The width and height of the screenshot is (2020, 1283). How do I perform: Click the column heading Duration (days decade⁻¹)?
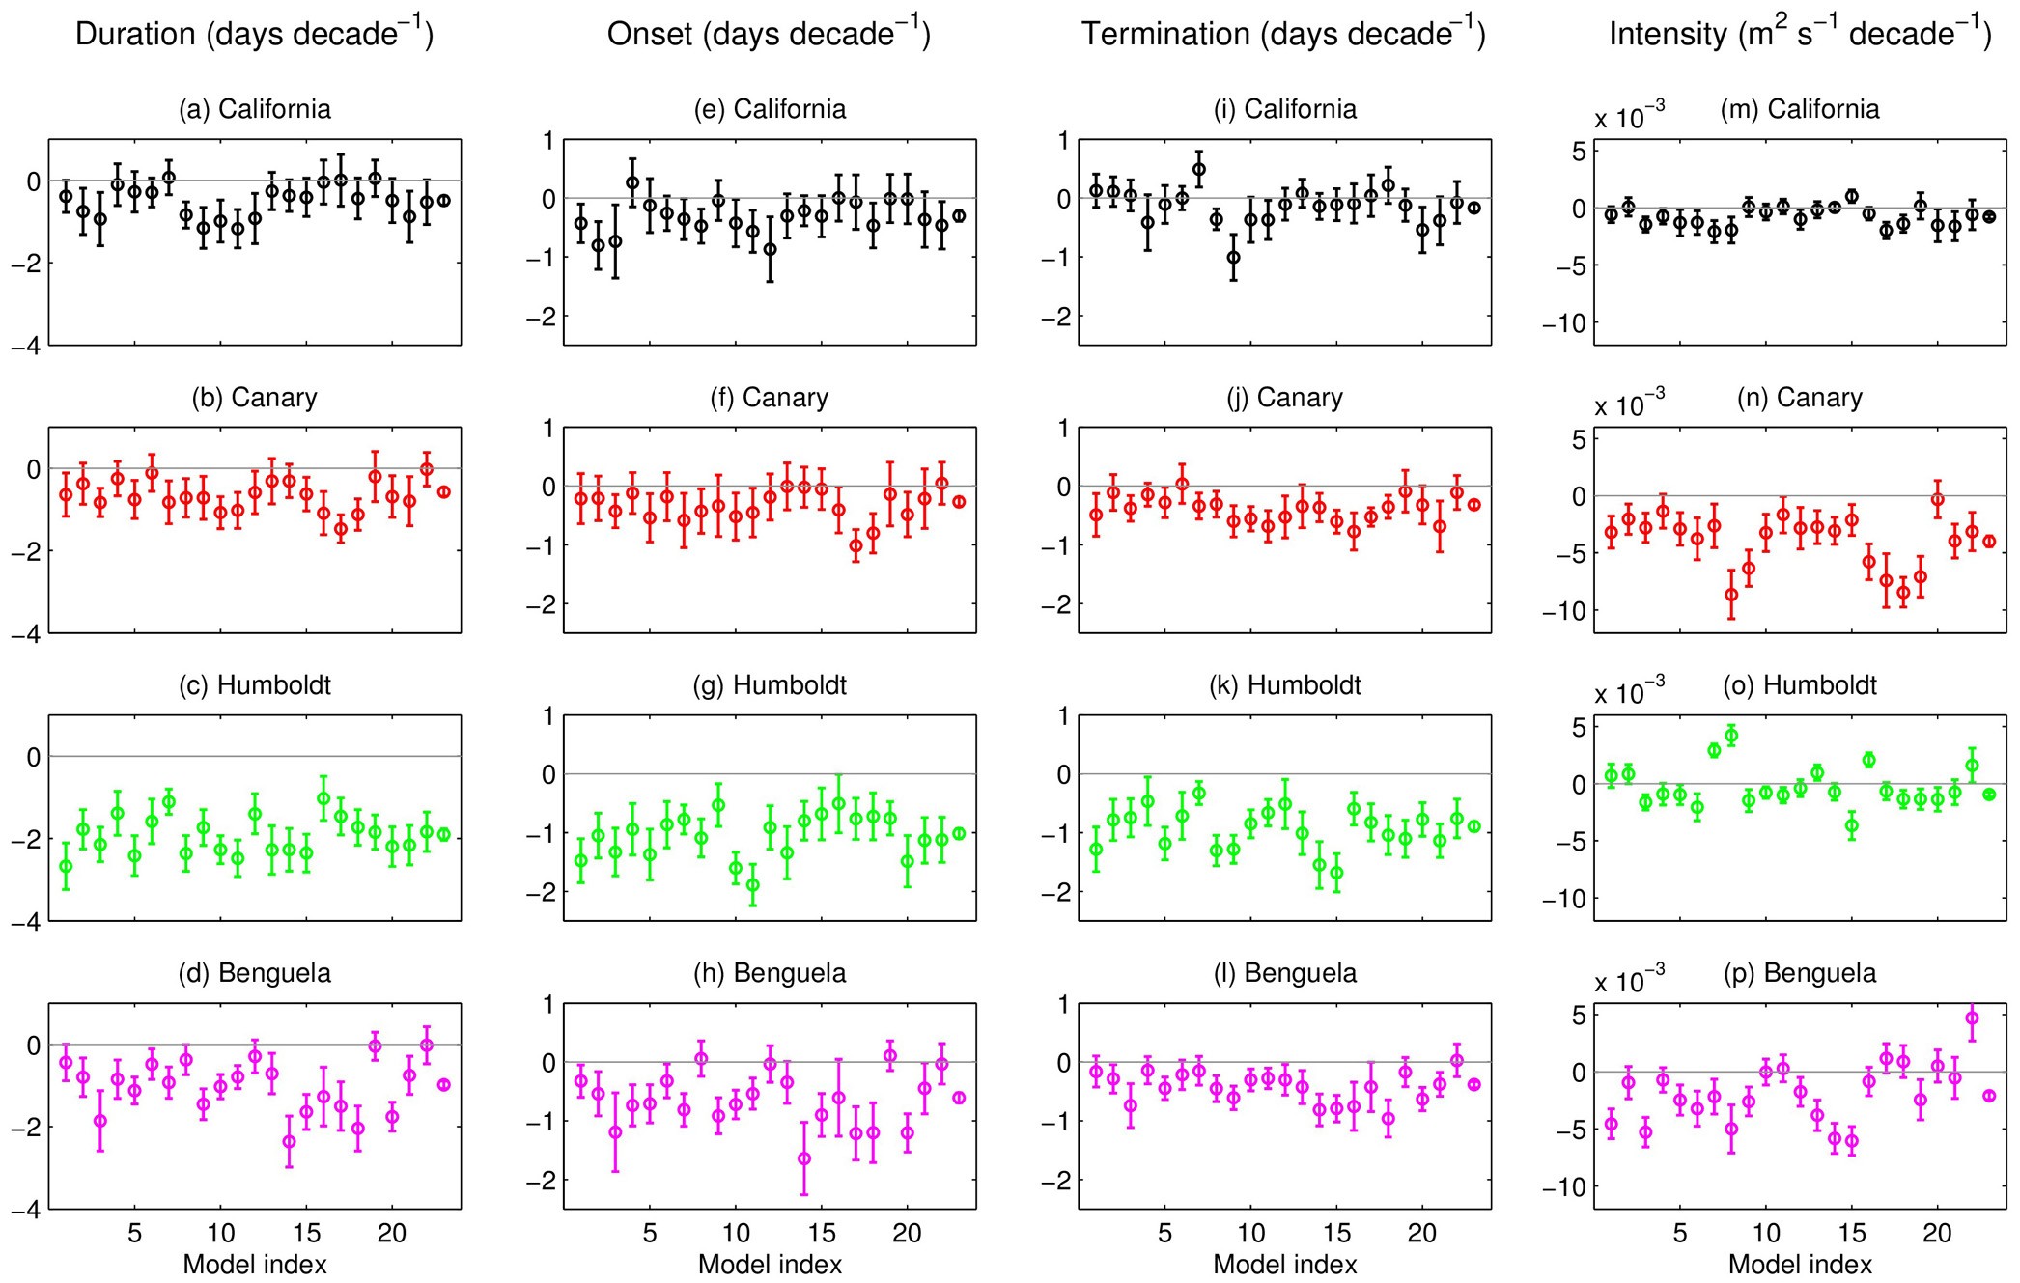tap(254, 35)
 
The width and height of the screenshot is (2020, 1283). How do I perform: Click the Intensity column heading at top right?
tap(1800, 35)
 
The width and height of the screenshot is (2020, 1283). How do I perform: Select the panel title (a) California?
tap(255, 109)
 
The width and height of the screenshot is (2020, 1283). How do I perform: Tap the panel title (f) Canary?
tap(770, 398)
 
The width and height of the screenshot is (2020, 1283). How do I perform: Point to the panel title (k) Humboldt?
tap(1285, 685)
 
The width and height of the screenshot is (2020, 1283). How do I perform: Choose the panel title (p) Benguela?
tap(1800, 973)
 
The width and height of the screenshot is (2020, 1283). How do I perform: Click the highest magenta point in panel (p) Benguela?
tap(1972, 1018)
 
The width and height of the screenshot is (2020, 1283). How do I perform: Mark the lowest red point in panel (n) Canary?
tap(1731, 595)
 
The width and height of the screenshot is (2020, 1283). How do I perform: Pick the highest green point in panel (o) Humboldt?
tap(1731, 736)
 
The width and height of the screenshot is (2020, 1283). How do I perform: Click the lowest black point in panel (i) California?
tap(1233, 257)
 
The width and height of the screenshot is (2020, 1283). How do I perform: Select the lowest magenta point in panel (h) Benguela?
tap(803, 1157)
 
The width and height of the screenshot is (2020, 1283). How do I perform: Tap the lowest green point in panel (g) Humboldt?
tap(752, 884)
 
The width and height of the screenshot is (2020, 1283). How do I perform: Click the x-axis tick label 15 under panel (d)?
tap(306, 1233)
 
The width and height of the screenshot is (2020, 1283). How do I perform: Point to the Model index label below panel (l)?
tap(1285, 1264)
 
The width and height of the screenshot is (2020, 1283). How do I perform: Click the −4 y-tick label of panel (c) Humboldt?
tap(26, 922)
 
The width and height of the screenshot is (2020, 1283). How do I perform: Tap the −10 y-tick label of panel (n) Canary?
tap(1563, 610)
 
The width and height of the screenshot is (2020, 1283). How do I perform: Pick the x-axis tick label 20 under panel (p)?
tap(1937, 1233)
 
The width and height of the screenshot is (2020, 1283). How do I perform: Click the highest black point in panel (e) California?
tap(632, 181)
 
